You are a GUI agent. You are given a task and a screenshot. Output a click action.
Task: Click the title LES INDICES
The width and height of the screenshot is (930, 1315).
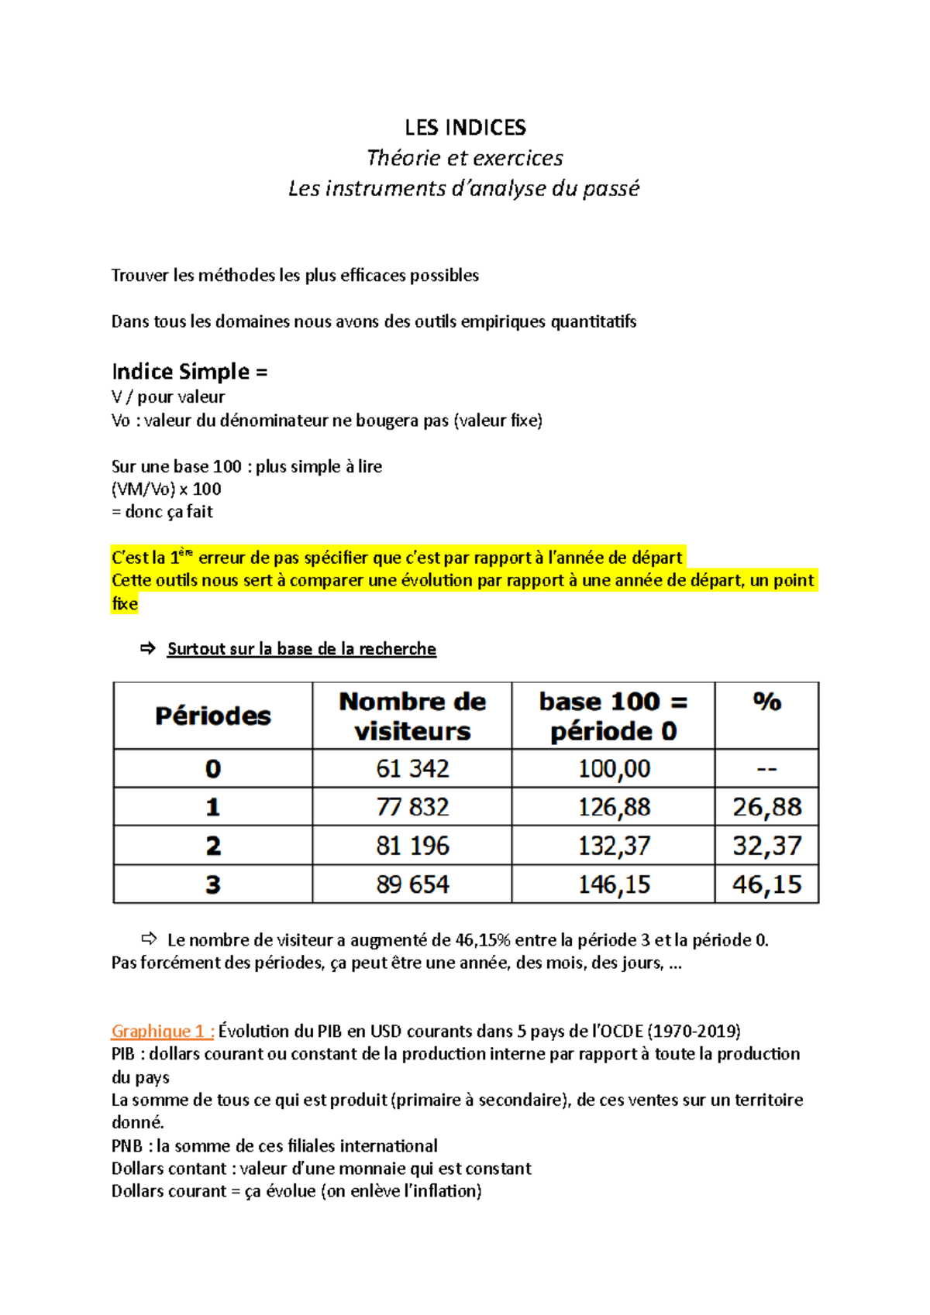(465, 128)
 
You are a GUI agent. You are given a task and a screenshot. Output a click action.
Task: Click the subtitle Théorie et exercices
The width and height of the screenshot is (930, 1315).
(464, 158)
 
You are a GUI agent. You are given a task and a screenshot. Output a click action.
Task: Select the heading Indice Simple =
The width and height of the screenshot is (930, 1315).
(189, 372)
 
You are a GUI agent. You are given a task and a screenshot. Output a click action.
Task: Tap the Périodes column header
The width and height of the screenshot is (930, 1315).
(213, 716)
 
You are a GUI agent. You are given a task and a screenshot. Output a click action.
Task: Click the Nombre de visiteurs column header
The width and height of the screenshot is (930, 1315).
(412, 716)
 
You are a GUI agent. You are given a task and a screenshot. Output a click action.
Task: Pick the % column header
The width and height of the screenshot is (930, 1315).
(766, 702)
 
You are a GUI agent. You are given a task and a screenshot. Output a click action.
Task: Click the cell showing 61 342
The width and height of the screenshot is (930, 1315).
(412, 768)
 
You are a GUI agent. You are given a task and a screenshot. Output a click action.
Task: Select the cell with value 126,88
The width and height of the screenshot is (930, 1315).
(614, 807)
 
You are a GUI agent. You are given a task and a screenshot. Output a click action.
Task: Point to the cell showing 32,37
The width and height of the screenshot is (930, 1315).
(766, 846)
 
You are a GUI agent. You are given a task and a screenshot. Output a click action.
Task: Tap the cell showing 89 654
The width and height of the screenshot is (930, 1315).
(412, 884)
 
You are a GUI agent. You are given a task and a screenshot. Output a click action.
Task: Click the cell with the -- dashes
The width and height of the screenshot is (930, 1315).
(766, 768)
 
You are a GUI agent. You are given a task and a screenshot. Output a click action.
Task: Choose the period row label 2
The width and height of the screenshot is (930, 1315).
(213, 846)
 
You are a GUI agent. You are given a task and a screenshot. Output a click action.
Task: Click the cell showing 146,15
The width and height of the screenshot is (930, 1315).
(614, 884)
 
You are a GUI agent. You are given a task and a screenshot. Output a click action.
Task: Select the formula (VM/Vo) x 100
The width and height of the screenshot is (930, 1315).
(167, 489)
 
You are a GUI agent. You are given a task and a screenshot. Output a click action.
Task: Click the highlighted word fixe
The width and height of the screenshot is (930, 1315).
(125, 603)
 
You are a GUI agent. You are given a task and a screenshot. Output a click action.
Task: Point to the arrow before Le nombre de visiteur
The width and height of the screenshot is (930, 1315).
(149, 939)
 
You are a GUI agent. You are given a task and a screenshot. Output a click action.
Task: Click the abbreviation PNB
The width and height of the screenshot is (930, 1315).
(127, 1145)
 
